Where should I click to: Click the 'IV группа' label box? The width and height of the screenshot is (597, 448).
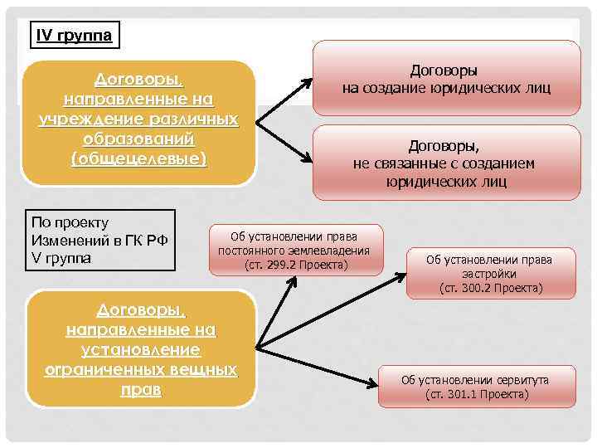tap(74, 36)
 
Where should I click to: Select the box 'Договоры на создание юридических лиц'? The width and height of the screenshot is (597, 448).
tap(447, 80)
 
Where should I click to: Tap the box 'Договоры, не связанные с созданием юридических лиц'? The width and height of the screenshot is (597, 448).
tap(447, 163)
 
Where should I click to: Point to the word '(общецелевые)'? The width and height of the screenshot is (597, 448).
tap(138, 157)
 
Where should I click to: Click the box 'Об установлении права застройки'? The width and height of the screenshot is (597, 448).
tap(490, 273)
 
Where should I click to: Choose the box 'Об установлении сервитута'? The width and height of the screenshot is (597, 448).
tap(476, 386)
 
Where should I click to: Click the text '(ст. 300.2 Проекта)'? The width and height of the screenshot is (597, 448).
tap(491, 288)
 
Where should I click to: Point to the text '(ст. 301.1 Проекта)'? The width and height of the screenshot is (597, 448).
tap(477, 394)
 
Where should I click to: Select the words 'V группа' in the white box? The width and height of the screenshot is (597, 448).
tap(63, 258)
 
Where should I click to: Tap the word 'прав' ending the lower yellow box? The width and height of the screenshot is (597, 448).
tap(138, 388)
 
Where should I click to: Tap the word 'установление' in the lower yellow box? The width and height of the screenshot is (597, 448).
tap(138, 349)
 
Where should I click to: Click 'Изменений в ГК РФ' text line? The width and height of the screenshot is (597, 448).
tap(99, 240)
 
